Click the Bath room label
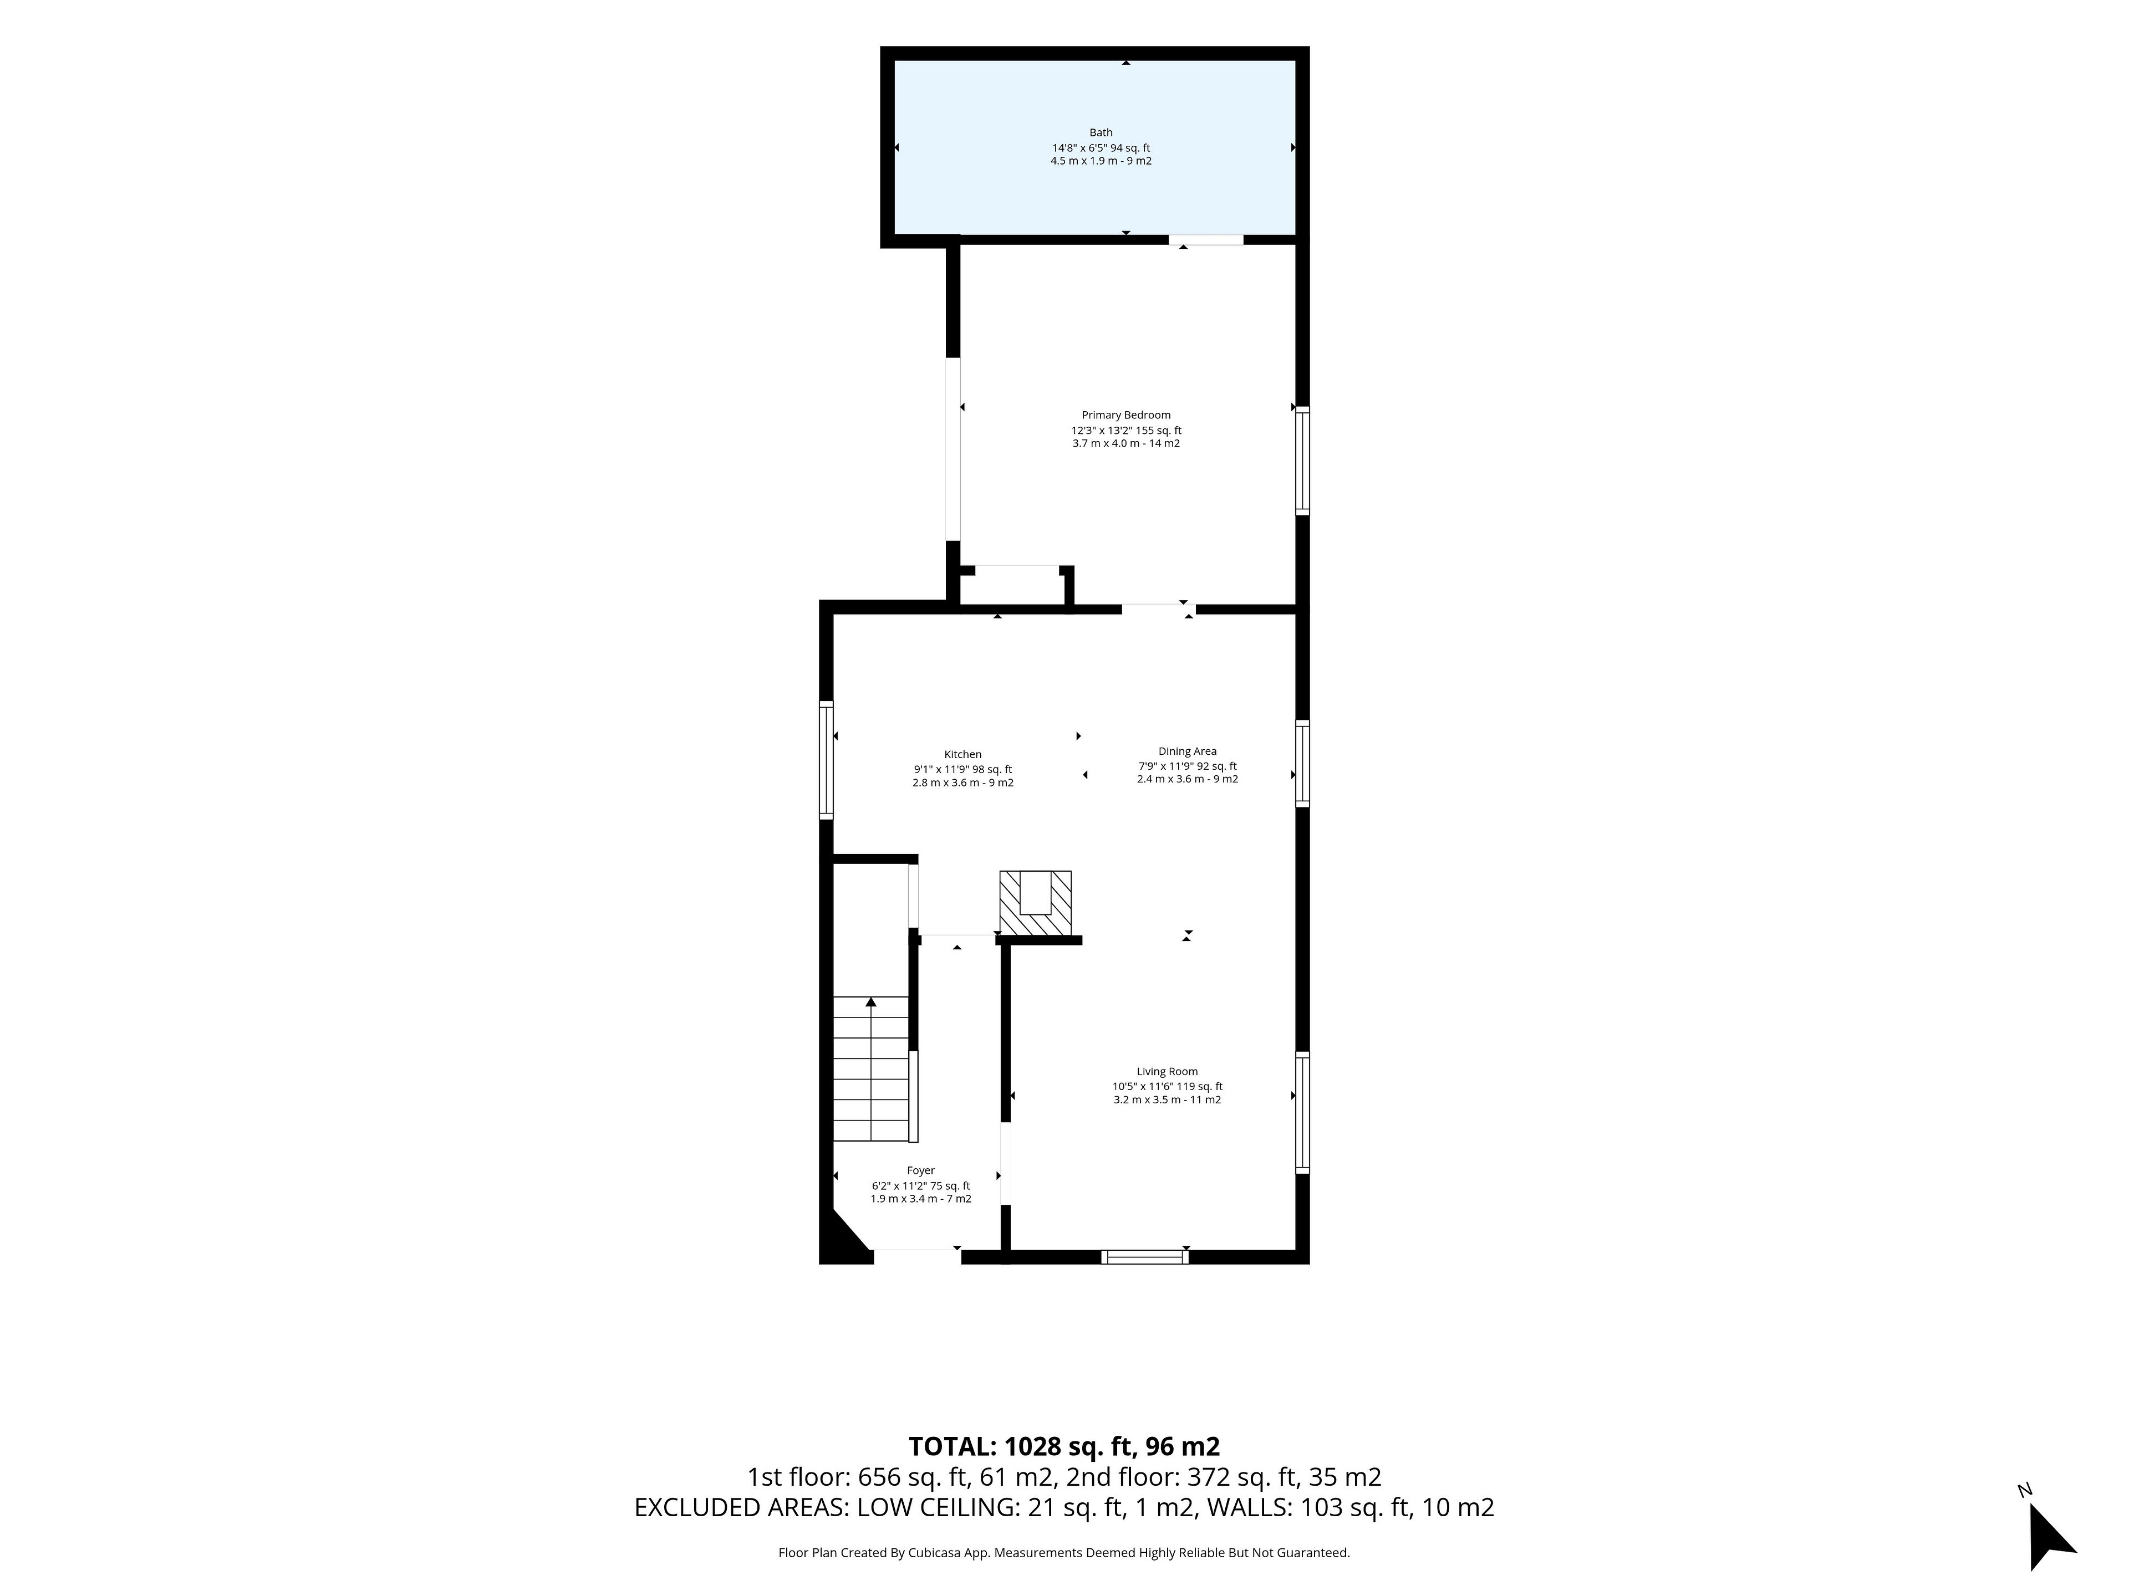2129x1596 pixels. pos(1101,133)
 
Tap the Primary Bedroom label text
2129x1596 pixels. pos(1126,416)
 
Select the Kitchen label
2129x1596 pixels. pos(962,755)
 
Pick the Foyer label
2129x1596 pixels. pos(921,1171)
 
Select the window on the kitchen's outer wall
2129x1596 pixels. pos(826,760)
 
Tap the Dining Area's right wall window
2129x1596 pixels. pos(1302,764)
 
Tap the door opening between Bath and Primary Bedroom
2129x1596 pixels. pos(1206,239)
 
